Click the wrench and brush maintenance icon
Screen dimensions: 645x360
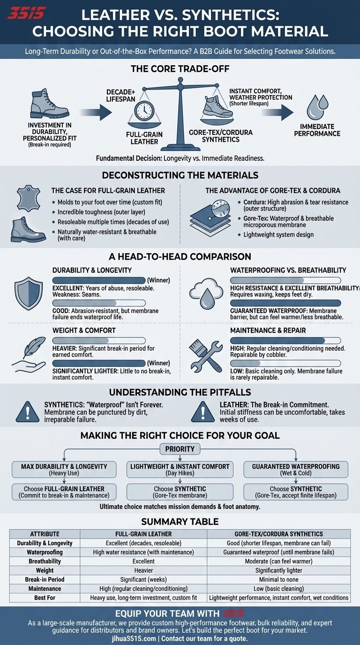tap(205, 353)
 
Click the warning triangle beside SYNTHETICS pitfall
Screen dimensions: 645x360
tap(27, 411)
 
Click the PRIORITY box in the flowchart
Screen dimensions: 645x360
tap(180, 449)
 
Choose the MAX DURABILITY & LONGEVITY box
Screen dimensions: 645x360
tap(64, 469)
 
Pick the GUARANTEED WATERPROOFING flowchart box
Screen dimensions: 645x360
tap(295, 469)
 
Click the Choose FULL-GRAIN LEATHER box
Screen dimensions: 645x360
tap(64, 492)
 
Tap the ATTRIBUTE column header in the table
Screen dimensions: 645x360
tap(45, 533)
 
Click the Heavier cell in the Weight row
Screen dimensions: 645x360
tap(143, 570)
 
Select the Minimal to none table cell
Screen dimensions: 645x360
tap(278, 579)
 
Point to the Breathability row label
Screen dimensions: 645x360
tap(45, 561)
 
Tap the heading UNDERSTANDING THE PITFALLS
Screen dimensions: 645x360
tap(180, 392)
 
